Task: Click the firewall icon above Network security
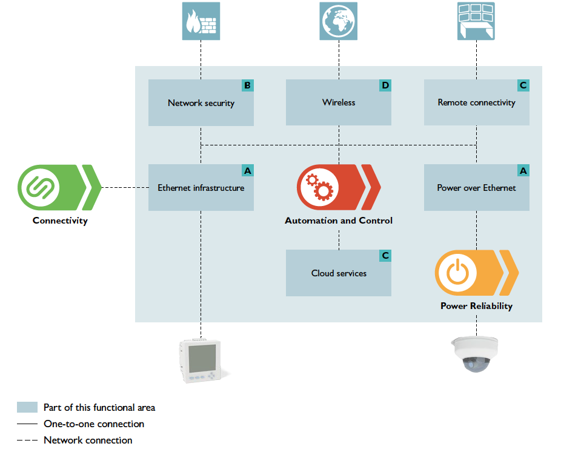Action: (x=201, y=21)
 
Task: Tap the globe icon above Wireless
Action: (x=339, y=21)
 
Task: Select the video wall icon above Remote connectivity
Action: (x=476, y=21)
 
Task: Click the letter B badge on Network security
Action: (x=247, y=85)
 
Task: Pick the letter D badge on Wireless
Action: (x=385, y=85)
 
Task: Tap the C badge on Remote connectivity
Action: (x=523, y=85)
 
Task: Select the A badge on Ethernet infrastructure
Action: (x=247, y=171)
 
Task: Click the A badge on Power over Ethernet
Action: (x=523, y=171)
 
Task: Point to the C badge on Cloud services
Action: (x=385, y=256)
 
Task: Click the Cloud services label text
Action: (x=339, y=273)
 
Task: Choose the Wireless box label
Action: (x=339, y=102)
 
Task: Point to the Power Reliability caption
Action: (x=476, y=306)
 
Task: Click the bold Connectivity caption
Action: (x=60, y=221)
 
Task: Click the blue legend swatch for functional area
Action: (x=27, y=407)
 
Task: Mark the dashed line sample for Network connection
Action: (x=27, y=441)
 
